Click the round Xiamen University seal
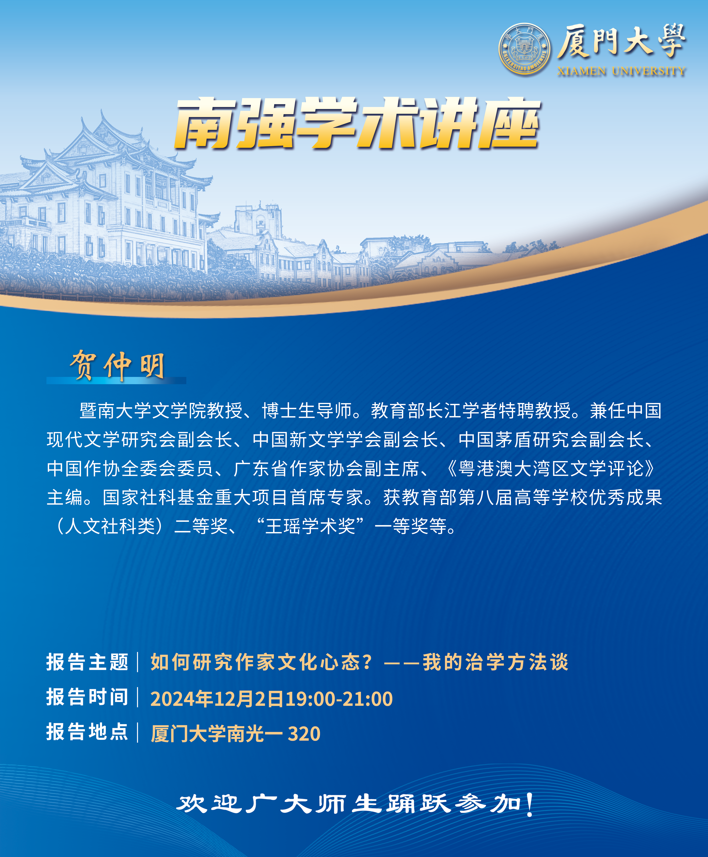[525, 49]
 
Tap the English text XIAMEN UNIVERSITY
[621, 71]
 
